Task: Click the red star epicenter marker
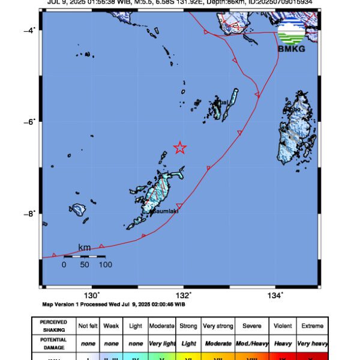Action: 179,147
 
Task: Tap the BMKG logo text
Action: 292,49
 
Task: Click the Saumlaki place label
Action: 166,211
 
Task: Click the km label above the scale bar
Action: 85,248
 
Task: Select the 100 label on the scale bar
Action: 105,264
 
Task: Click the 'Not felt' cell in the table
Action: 88,326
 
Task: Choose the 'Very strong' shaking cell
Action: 218,326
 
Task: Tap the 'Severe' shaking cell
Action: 251,326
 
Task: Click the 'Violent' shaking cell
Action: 283,326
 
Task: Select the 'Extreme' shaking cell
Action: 312,326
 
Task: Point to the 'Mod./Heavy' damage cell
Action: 251,344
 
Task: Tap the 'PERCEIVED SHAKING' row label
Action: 53,326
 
